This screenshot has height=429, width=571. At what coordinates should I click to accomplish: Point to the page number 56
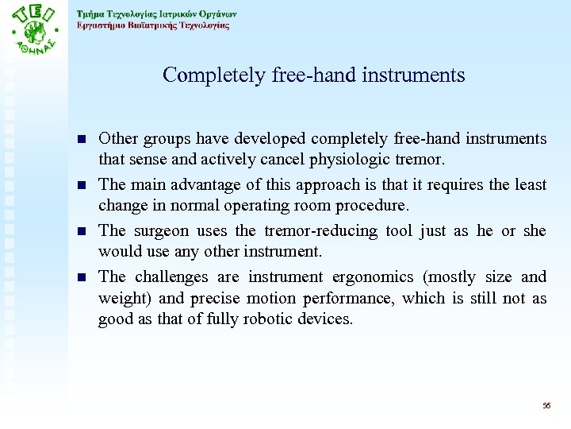(546, 406)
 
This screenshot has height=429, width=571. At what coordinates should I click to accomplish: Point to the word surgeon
(160, 230)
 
